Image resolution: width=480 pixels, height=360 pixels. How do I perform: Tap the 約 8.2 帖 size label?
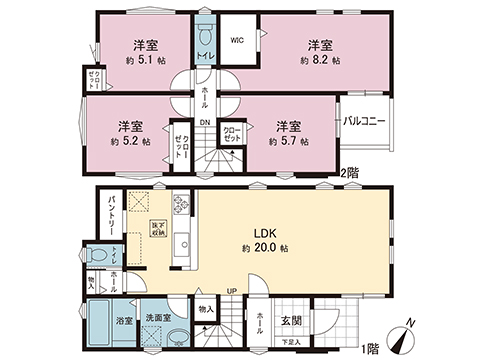click(x=320, y=61)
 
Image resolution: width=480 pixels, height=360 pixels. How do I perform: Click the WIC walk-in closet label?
click(x=236, y=41)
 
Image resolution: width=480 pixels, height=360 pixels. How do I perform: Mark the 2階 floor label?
click(x=352, y=173)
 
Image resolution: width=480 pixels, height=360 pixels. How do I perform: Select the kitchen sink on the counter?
click(x=182, y=245)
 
